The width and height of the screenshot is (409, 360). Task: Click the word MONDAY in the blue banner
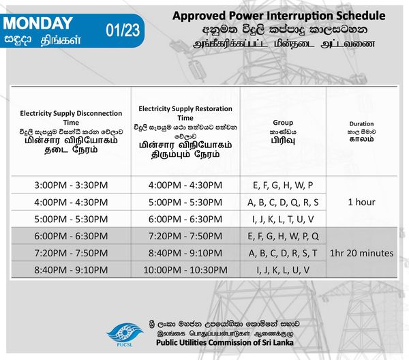[x=37, y=23]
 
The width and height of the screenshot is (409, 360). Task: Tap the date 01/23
[x=123, y=30]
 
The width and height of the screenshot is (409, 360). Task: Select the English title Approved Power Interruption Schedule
[x=279, y=16]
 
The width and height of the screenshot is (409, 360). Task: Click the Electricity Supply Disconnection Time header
[x=71, y=118]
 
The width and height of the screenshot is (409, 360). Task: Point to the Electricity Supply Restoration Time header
[x=185, y=113]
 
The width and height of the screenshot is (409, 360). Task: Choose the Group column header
[x=283, y=122]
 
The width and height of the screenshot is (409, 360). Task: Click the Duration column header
[x=361, y=123]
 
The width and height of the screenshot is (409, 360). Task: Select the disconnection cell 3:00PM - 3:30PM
[x=71, y=185]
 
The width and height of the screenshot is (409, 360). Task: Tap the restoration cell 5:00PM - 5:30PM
[x=185, y=202]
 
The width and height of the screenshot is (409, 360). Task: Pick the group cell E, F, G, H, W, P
[x=283, y=185]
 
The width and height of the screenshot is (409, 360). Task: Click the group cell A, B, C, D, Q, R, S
[x=283, y=202]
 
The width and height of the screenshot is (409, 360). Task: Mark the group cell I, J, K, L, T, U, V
[x=283, y=219]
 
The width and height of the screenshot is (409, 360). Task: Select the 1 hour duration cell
[x=361, y=202]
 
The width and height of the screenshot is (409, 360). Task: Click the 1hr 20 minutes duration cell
[x=361, y=253]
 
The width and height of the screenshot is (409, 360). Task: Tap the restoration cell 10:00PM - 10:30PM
[x=185, y=270]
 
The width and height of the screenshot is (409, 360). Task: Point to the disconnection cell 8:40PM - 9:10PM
[x=71, y=270]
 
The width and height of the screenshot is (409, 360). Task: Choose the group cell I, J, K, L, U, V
[x=283, y=270]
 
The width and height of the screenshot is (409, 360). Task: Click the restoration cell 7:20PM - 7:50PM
[x=185, y=236]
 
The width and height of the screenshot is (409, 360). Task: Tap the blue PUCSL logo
[x=125, y=335]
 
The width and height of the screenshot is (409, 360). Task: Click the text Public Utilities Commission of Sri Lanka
[x=225, y=342]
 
